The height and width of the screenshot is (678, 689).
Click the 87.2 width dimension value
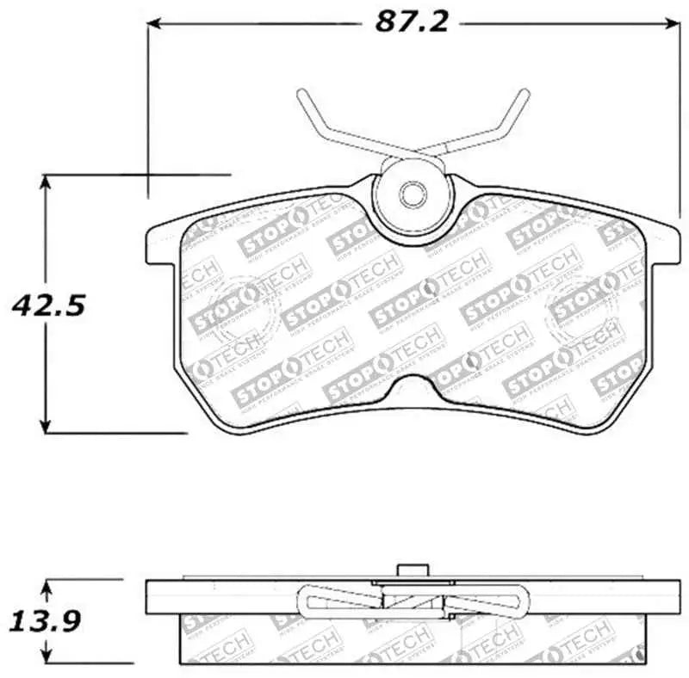click(x=411, y=22)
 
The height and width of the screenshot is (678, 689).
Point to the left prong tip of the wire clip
click(x=301, y=94)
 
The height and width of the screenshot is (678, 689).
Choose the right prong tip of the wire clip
click(x=525, y=93)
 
